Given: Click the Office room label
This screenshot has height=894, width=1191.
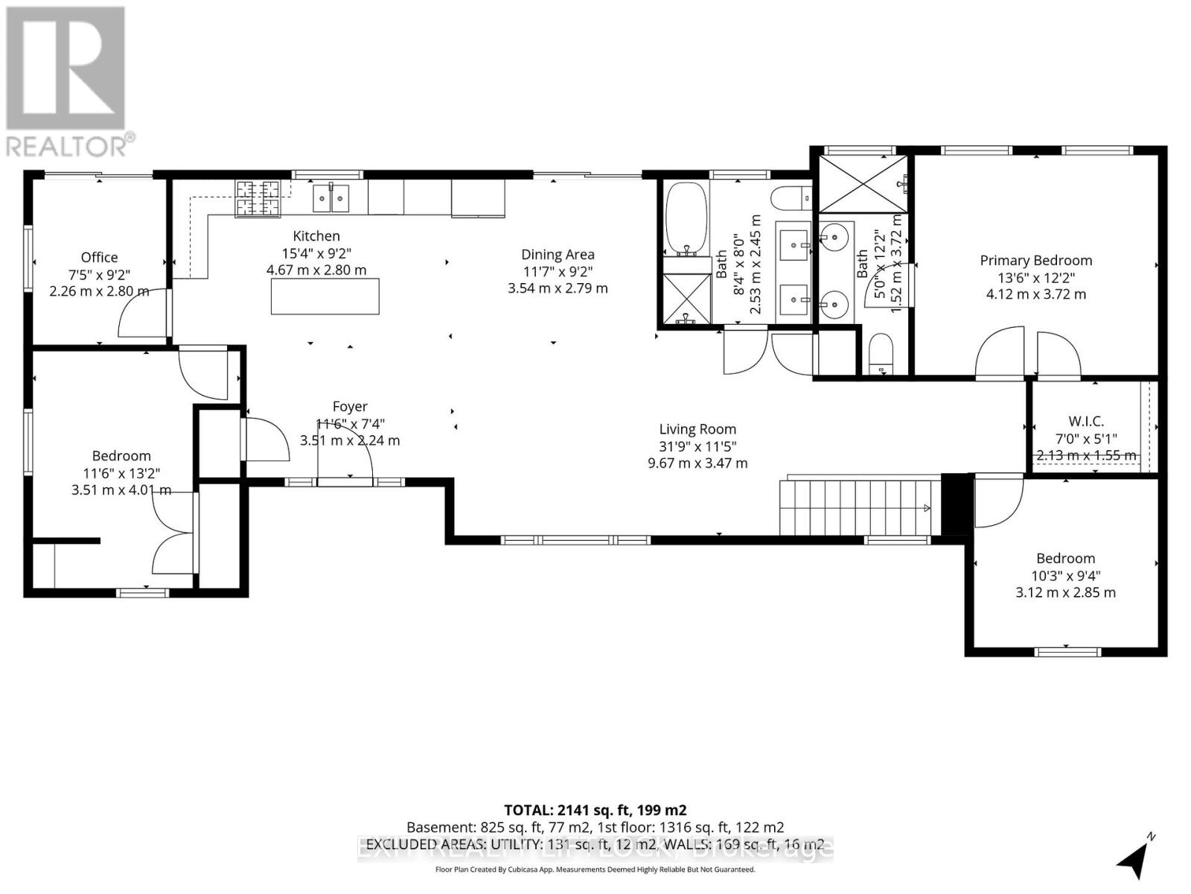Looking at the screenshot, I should pos(99,258).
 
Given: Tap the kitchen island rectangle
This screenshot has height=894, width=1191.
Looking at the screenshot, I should pos(325,296).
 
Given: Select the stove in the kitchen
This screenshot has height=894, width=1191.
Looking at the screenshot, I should pos(258,198).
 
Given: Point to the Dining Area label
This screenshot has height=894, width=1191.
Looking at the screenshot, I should pos(558,255).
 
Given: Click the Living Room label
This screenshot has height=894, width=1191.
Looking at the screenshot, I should pos(697,429).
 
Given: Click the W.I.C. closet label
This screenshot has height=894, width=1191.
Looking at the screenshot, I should pos(1085,422).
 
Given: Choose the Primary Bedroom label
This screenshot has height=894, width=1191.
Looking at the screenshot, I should pos(1035,261).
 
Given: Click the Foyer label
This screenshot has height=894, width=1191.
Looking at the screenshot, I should pos(350,407).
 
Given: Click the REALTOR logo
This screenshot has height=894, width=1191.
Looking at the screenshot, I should pos(66,82).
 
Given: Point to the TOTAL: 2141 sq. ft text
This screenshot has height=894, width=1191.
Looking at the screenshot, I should pos(595,810).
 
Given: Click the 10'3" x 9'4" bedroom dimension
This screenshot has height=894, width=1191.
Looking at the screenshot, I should pos(1065,576).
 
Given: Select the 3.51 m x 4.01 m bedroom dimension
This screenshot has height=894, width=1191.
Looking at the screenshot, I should pos(121,490).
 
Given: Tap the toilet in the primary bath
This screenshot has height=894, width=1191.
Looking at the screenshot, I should pos(881,354).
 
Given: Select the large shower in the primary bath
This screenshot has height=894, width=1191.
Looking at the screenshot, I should pos(863,183).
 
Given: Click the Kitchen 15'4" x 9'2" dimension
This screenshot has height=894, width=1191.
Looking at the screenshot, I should pos(316,253).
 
